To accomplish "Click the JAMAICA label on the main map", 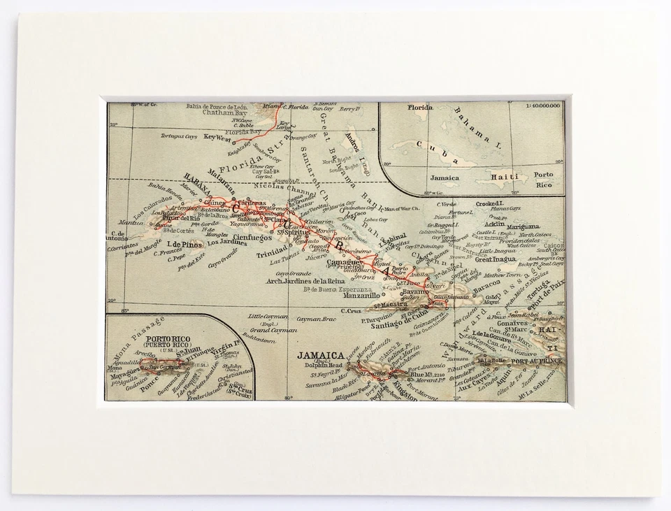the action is [x=320, y=354].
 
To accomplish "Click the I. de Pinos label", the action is [x=184, y=244].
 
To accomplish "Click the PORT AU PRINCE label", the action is [x=537, y=361].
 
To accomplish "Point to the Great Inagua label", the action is [x=495, y=259].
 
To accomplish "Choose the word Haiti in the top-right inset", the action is [x=504, y=178].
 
